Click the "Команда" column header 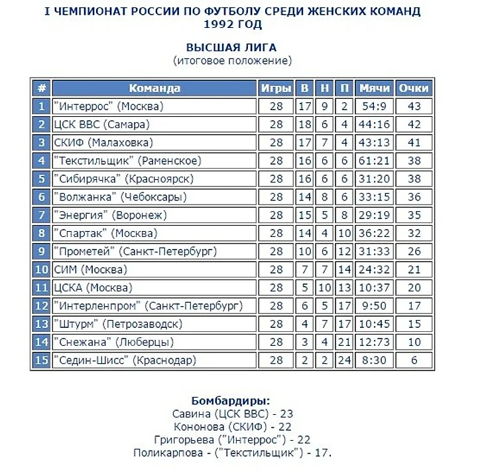154,88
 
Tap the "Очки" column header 414,88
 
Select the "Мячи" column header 375,88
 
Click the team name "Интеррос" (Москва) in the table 109,106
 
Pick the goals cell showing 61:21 375,161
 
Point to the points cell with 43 414,106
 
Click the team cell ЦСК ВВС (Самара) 102,124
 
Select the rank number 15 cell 41,360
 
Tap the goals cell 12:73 375,343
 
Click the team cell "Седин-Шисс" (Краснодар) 126,360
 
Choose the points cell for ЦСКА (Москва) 414,288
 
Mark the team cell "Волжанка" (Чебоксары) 121,197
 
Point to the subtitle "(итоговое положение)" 232,60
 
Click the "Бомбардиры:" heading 231,402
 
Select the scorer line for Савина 232,414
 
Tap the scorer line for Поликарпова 232,453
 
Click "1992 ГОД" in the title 231,25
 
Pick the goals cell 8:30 375,360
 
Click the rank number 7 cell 41,215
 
